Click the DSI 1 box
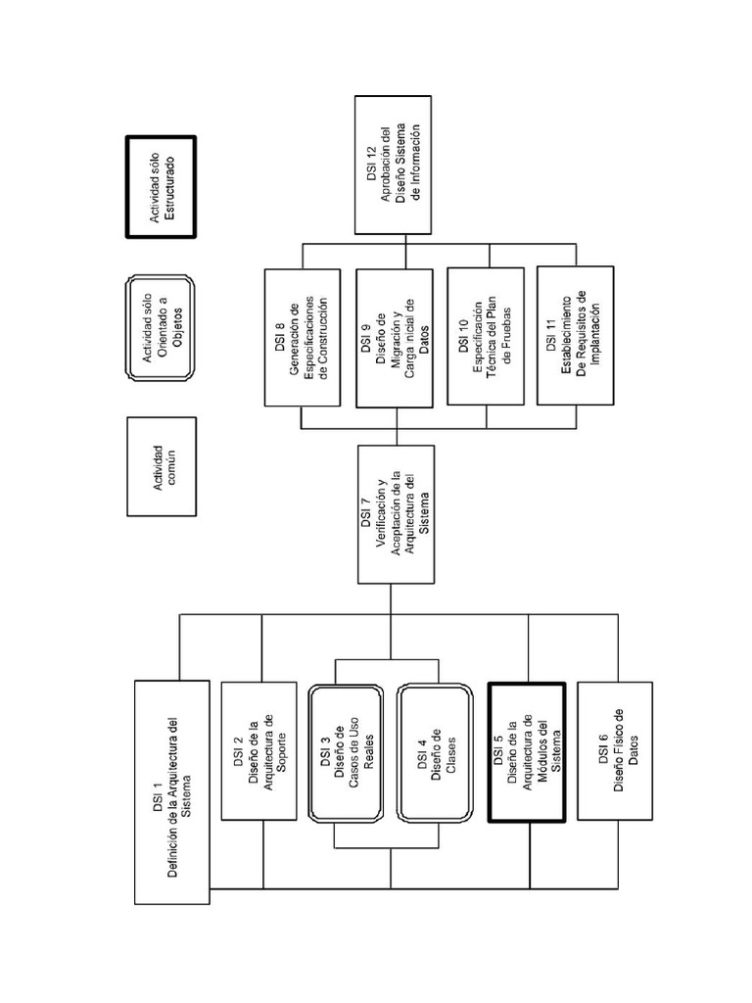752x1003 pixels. pos(172,791)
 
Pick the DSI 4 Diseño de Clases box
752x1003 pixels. pos(438,751)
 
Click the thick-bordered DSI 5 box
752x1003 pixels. pos(527,751)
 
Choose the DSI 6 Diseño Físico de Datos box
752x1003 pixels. pos(616,750)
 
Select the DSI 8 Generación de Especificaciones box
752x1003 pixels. pos(302,336)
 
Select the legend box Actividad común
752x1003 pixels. pos(162,465)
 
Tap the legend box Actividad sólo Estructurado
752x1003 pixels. pos(162,186)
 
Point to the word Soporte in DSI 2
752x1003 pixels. pos(281,751)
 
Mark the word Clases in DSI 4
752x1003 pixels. pos(451,751)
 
